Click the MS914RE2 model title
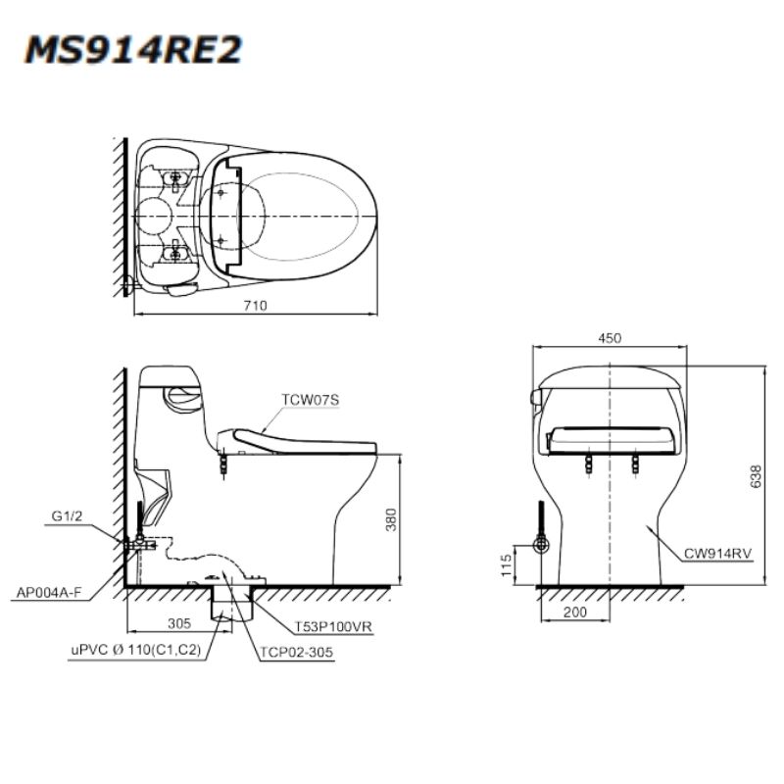pos(133,50)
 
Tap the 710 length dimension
pos(255,305)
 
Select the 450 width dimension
pos(610,338)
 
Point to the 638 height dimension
pos(756,476)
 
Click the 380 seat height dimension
pos(391,519)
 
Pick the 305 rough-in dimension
pos(179,623)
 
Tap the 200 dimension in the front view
pos(575,612)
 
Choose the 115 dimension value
pos(507,565)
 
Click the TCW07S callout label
pos(310,400)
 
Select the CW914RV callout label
pos(717,554)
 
